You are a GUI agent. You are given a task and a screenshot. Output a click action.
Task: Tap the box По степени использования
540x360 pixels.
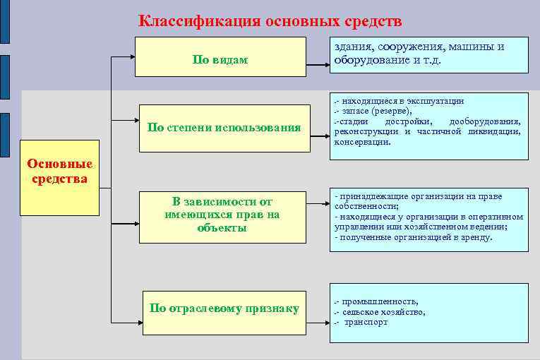(224, 128)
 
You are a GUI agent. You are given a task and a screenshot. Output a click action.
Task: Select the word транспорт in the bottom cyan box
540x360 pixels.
(367, 322)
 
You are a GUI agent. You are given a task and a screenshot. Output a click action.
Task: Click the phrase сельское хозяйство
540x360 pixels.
(385, 311)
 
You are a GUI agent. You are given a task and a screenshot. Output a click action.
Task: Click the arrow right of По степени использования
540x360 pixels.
(320, 128)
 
